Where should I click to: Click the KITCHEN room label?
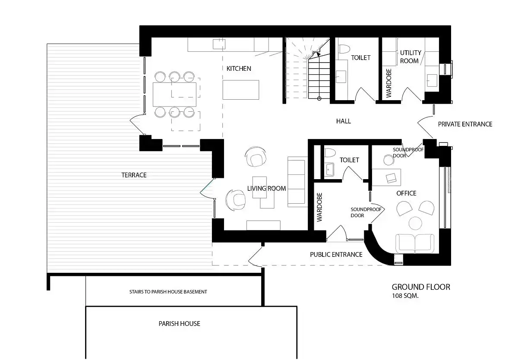239,69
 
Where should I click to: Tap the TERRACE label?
134,175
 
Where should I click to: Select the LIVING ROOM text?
266,189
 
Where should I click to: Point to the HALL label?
344,121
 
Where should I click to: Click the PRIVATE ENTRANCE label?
465,124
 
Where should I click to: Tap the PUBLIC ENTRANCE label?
336,255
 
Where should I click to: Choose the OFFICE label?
406,193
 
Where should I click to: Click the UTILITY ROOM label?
411,57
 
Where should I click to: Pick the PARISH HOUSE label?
179,323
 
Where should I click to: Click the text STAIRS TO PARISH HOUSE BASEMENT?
168,292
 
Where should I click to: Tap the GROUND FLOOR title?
421,287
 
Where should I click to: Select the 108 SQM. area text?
405,296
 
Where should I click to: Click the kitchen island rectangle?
241,90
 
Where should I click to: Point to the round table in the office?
415,223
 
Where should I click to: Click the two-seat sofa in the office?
415,243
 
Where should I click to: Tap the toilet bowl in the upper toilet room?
344,49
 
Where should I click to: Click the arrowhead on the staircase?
318,54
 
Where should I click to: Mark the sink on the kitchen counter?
219,44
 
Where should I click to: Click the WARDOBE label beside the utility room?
389,83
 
